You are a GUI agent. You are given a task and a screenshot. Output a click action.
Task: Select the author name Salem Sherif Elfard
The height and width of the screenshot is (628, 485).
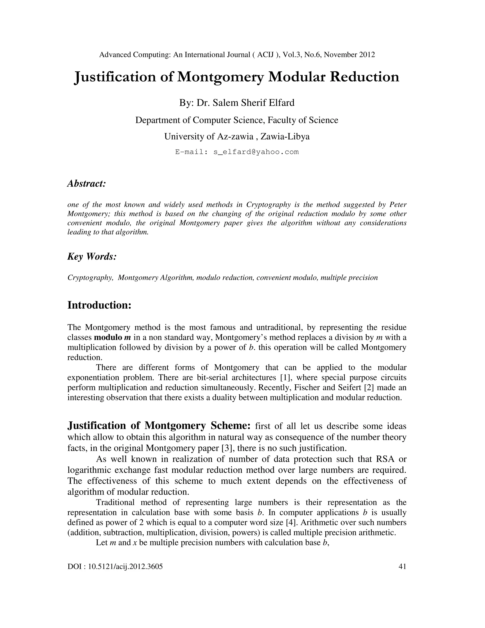tap(253, 103)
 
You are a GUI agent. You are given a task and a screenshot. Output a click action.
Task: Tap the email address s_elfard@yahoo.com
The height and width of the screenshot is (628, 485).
tap(256, 152)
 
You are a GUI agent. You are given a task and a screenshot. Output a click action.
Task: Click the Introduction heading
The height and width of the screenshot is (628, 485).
tap(99, 305)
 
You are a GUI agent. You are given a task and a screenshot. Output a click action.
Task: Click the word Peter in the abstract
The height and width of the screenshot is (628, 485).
tap(398, 205)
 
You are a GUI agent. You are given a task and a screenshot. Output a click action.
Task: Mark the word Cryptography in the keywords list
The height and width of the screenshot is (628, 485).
tap(90, 278)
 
